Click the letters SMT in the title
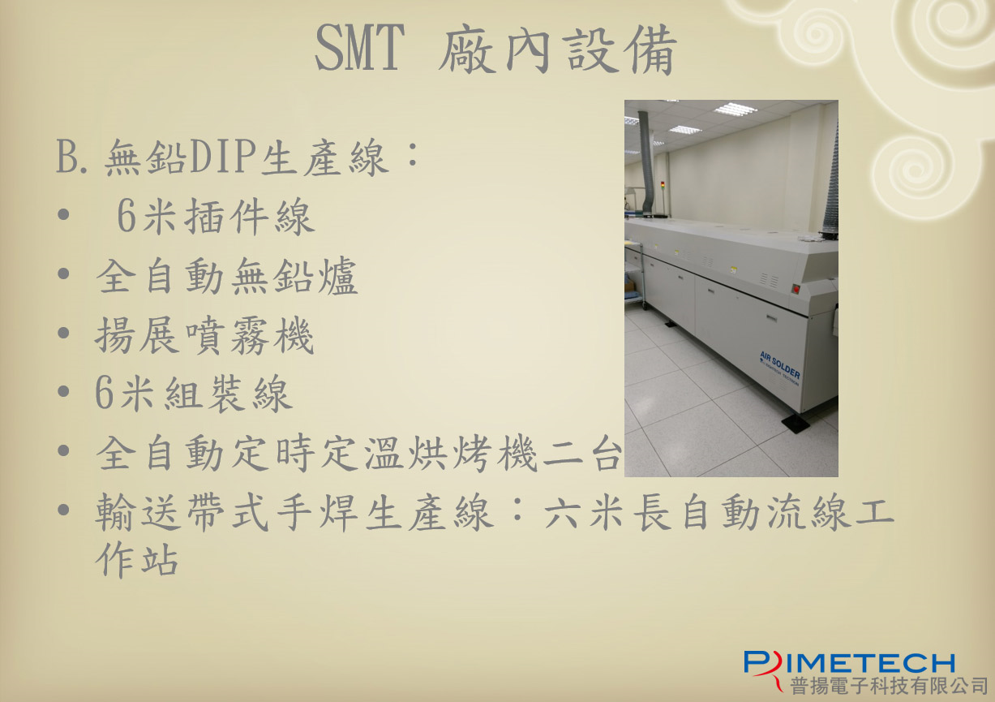click(x=360, y=48)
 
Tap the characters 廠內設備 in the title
click(x=558, y=49)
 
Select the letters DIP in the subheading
click(x=223, y=156)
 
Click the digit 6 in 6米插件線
click(x=127, y=217)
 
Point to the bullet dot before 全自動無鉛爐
click(x=63, y=273)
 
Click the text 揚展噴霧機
click(x=204, y=336)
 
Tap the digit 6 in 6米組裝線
click(x=104, y=394)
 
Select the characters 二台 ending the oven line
click(x=582, y=454)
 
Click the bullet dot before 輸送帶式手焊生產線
click(x=63, y=510)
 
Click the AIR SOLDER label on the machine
click(x=780, y=366)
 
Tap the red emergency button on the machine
click(x=796, y=290)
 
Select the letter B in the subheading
click(x=66, y=157)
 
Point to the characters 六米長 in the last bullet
click(x=607, y=513)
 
